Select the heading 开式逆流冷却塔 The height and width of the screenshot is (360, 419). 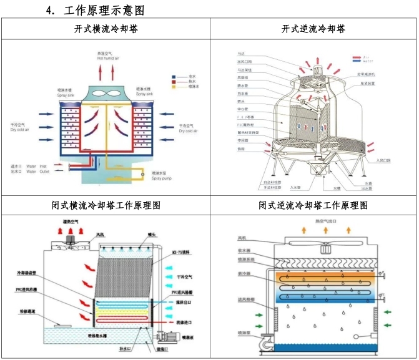313,29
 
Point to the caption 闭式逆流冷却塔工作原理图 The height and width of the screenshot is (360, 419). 313,205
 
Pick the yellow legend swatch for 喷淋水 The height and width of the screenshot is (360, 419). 173,87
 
